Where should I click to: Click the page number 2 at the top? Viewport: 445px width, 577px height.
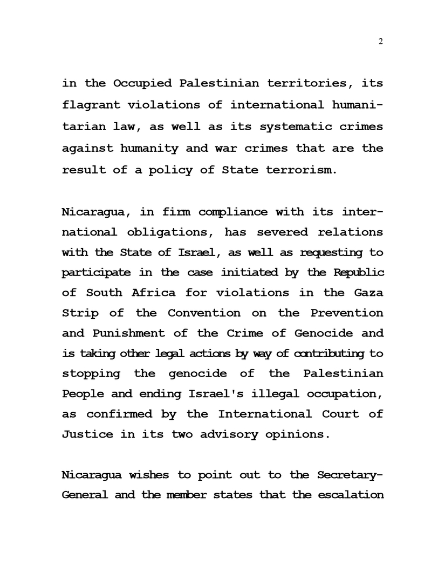381,42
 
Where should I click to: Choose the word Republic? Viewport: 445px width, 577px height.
358,272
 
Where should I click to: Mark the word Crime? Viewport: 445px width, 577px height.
246,334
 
